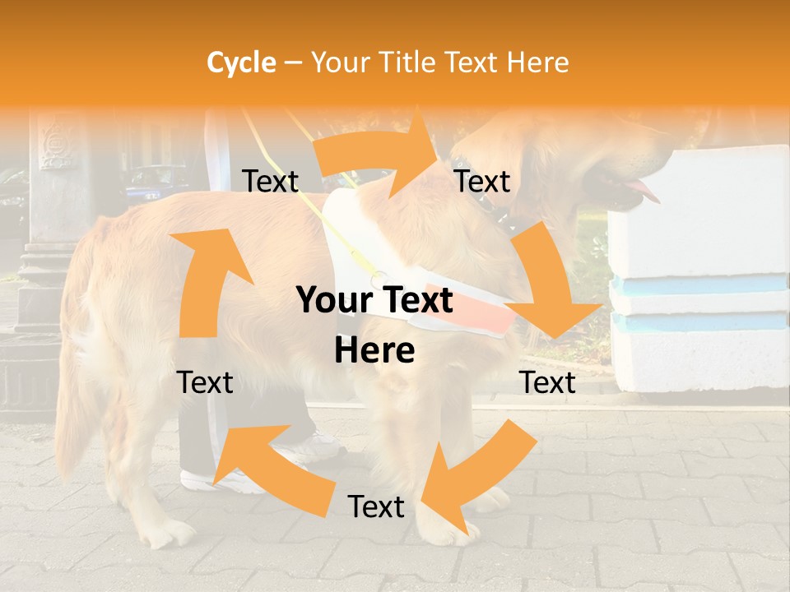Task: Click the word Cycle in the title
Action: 241,62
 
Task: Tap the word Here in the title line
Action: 537,62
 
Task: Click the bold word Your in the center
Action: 332,301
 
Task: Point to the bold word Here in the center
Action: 374,351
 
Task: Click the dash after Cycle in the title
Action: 293,63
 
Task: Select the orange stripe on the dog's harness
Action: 494,317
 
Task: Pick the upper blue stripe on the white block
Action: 699,284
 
